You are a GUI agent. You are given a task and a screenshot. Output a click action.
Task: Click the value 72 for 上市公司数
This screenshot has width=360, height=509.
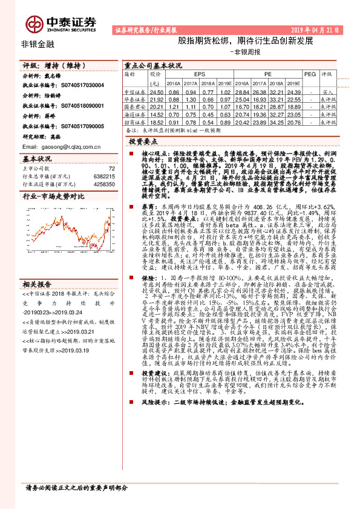coord(111,169)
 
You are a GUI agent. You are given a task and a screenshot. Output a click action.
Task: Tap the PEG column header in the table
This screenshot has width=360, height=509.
coord(309,74)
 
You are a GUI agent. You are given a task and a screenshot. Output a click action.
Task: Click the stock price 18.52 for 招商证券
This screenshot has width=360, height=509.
coord(157,122)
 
